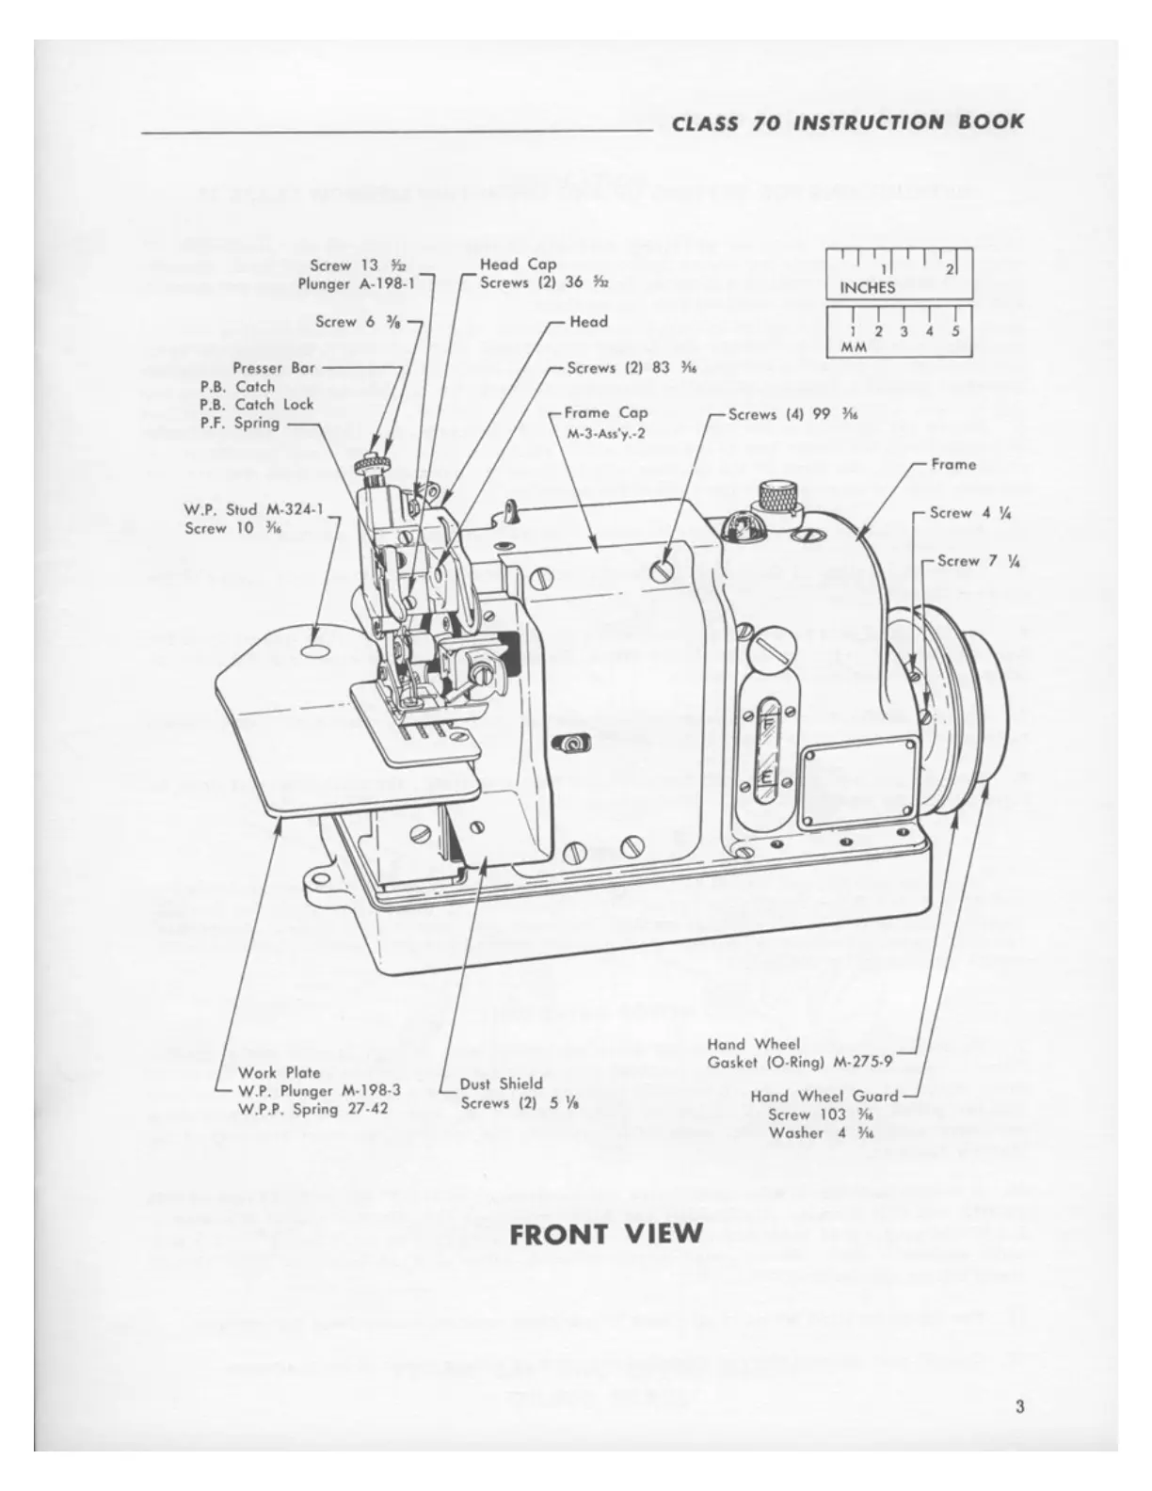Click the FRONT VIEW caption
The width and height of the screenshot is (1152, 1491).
click(606, 1233)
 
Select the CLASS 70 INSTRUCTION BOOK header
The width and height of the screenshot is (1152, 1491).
click(848, 122)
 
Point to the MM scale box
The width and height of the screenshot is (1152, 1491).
click(898, 331)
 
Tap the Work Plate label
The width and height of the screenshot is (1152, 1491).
click(279, 1072)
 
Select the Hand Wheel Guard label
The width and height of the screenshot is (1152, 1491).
click(824, 1096)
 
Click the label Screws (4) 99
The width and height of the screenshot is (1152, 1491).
click(792, 414)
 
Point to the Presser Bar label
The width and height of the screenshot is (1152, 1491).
click(274, 368)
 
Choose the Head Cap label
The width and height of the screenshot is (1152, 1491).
click(518, 265)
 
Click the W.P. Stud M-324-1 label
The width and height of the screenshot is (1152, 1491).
click(253, 510)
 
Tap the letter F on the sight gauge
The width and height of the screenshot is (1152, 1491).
click(768, 723)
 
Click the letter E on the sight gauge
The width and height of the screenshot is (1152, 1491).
click(768, 778)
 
